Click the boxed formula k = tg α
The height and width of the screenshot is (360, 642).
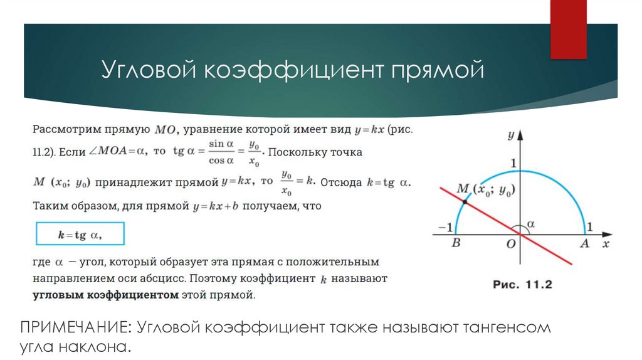(x=80, y=235)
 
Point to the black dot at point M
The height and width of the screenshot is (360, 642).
(x=464, y=201)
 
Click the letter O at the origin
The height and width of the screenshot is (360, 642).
(x=510, y=245)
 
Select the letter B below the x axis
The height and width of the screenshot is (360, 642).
(x=456, y=245)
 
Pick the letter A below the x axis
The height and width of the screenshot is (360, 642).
(x=584, y=245)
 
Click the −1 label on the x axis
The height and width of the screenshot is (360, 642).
(x=446, y=226)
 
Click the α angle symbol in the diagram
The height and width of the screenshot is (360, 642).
(x=532, y=224)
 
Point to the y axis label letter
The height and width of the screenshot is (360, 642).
(x=511, y=134)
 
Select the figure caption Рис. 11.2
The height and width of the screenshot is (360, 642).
(x=522, y=285)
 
